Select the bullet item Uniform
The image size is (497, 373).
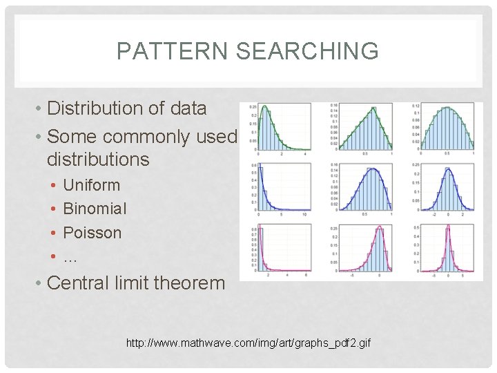click(x=91, y=185)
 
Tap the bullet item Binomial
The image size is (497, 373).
click(x=95, y=209)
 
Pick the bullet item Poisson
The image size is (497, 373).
click(x=92, y=233)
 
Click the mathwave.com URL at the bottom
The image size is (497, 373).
click(x=248, y=343)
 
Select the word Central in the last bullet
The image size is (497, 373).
click(x=81, y=283)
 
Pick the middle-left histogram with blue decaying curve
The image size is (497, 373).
click(x=280, y=189)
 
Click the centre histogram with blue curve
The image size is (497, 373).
click(x=362, y=189)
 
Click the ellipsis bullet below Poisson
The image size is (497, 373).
click(x=69, y=257)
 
